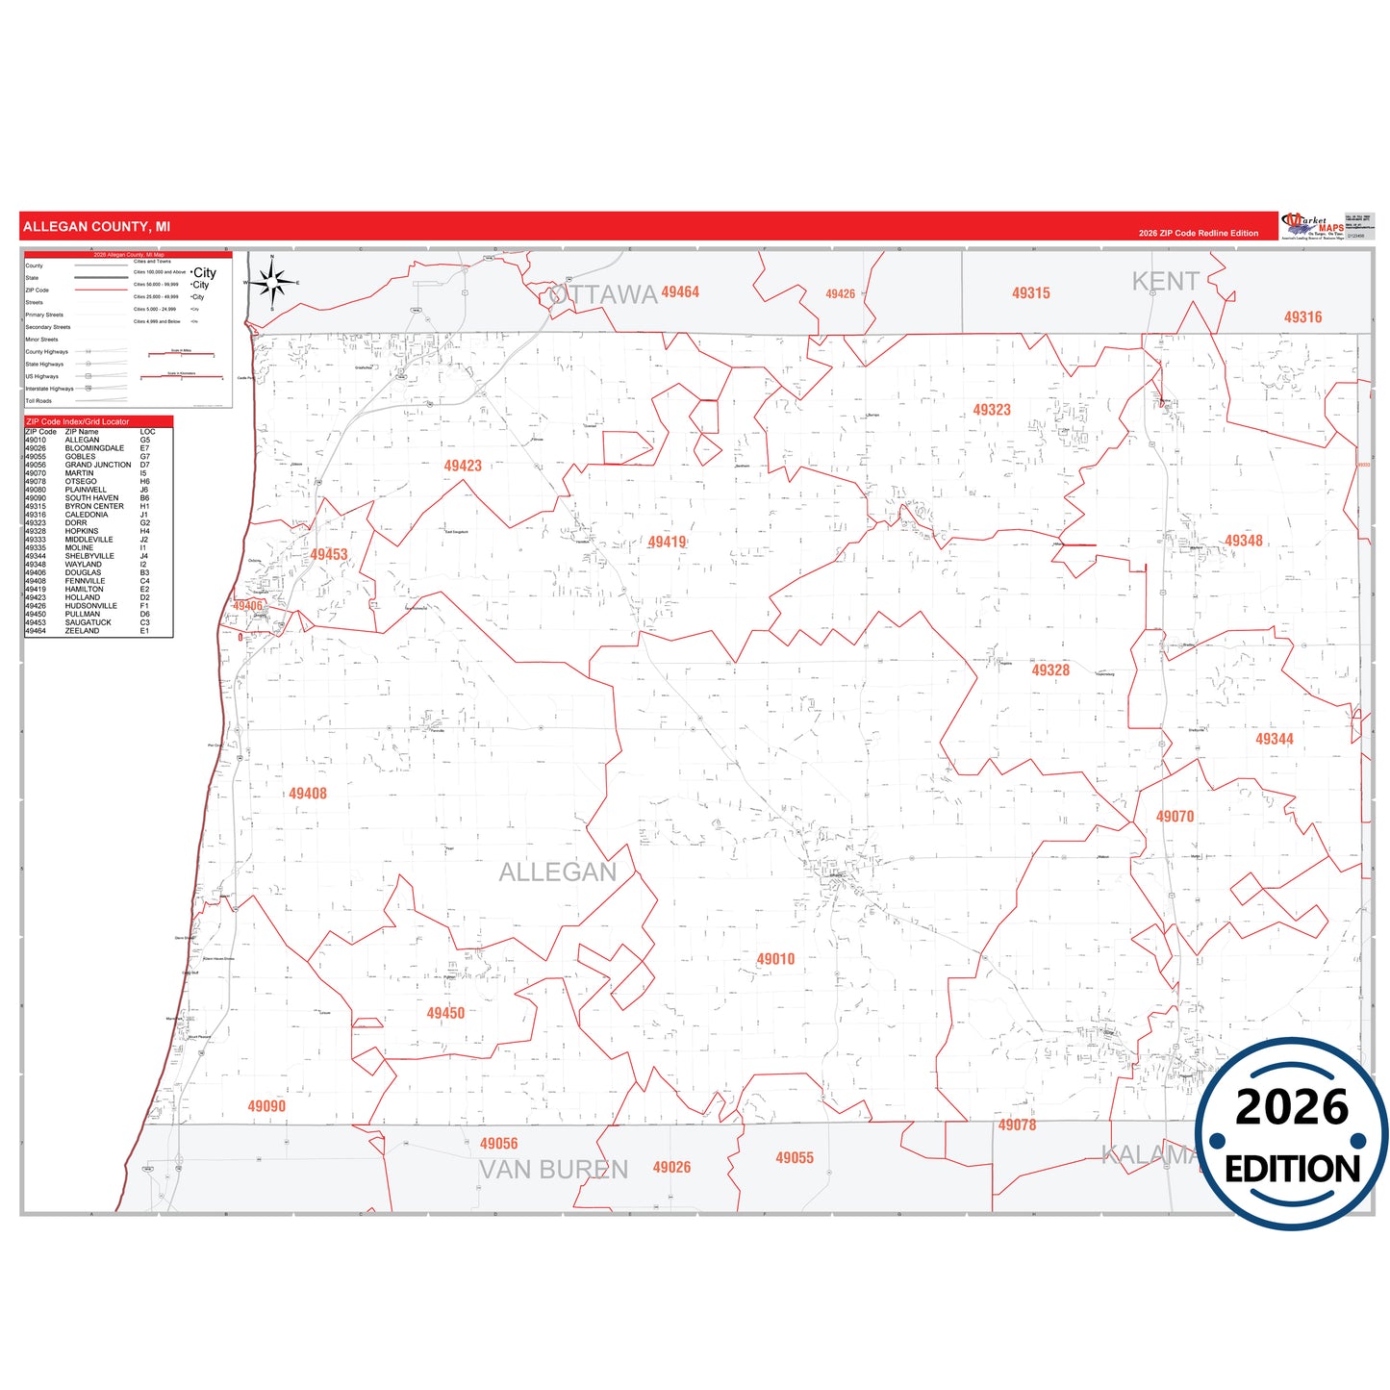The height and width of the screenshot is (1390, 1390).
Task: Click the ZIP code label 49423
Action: (463, 466)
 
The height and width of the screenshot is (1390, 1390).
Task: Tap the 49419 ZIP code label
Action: (667, 543)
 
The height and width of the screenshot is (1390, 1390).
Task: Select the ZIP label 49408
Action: (308, 794)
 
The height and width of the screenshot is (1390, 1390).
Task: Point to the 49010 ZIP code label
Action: (775, 959)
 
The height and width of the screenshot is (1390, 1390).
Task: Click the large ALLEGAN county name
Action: (557, 872)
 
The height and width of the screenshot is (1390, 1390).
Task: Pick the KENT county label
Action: (1165, 282)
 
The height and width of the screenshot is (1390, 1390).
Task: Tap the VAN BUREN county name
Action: (553, 1170)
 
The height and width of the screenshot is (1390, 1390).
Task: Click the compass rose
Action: (272, 283)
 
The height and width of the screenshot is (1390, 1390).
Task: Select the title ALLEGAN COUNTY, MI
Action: (96, 227)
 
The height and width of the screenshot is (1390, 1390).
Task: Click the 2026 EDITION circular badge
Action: (1291, 1134)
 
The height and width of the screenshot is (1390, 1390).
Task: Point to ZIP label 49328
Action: (1050, 670)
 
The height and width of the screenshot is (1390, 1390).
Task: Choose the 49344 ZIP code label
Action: (1274, 739)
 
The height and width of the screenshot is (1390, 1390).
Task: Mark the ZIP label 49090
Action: (266, 1106)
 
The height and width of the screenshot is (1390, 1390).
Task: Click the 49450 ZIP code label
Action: (445, 1013)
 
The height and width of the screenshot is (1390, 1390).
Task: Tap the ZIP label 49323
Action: (992, 410)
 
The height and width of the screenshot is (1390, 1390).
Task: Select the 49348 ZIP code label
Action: (1243, 541)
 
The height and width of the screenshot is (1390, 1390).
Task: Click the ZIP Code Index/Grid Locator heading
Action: (78, 421)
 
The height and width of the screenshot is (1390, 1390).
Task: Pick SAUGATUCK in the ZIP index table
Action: (88, 622)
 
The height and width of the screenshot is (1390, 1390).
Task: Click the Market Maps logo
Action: (1312, 227)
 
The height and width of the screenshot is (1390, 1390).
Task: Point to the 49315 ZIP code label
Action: (1030, 293)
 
